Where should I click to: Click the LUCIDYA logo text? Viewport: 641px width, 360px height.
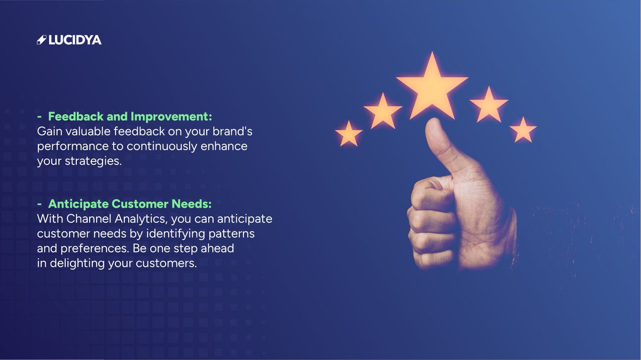click(75, 40)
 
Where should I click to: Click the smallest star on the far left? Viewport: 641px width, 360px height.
click(349, 134)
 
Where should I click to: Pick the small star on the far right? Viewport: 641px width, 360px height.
click(523, 130)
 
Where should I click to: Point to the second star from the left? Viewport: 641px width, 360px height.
click(382, 111)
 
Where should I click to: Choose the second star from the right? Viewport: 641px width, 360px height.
click(488, 105)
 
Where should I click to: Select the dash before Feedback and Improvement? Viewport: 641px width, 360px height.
click(40, 116)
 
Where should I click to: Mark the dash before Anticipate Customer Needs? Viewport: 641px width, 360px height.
click(40, 204)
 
